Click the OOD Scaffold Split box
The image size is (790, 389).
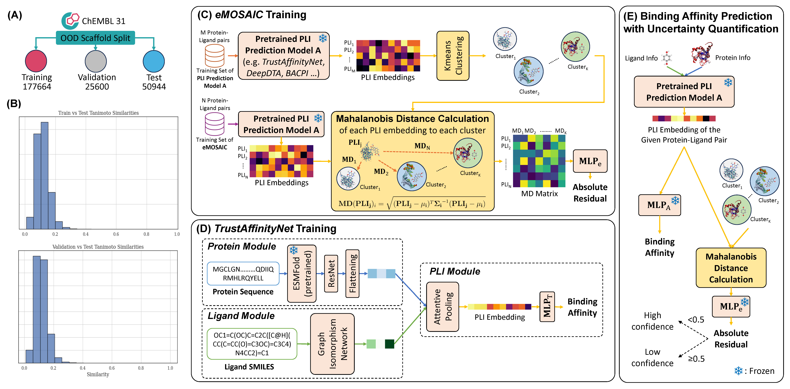pyautogui.click(x=95, y=38)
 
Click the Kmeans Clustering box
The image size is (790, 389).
pyautogui.click(x=453, y=56)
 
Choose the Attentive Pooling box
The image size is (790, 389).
pyautogui.click(x=443, y=306)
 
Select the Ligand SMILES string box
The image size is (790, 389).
pyautogui.click(x=252, y=344)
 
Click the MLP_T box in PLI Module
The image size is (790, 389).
pyautogui.click(x=547, y=306)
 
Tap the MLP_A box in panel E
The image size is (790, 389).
pyautogui.click(x=659, y=205)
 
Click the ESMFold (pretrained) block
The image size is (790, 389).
pyautogui.click(x=301, y=273)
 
